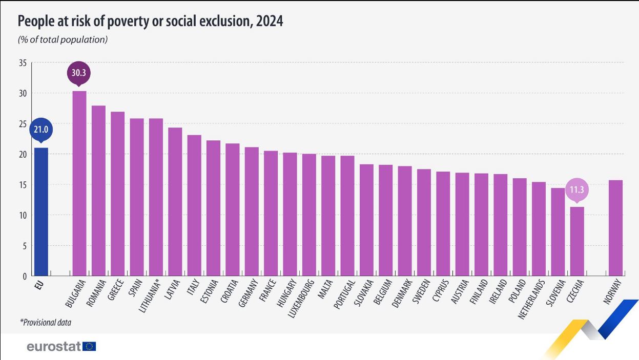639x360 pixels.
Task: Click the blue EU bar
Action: tap(41, 212)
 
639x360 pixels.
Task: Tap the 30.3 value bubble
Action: tap(79, 73)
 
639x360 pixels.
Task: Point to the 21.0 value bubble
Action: tap(41, 130)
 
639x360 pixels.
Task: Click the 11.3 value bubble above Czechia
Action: tap(577, 189)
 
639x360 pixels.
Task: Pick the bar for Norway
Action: tap(615, 228)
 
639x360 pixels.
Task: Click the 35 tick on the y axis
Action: tap(22, 63)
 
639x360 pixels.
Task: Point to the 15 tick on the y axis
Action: tap(22, 185)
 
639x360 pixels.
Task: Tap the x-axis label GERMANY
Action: tap(249, 293)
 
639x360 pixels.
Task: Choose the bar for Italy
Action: tap(194, 205)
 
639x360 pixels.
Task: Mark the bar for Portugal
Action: tap(347, 216)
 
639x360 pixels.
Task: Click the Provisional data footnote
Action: tap(46, 323)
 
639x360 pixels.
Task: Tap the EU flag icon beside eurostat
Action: tap(90, 347)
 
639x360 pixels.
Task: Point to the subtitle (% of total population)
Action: tap(63, 39)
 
